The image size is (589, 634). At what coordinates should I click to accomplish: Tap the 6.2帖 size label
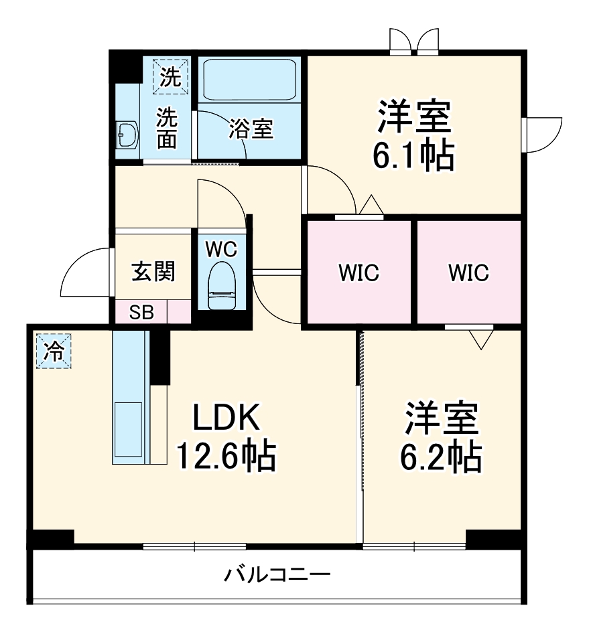pyautogui.click(x=441, y=457)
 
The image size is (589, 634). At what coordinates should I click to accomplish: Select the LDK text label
pyautogui.click(x=226, y=419)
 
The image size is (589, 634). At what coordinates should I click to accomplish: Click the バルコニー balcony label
pyautogui.click(x=277, y=574)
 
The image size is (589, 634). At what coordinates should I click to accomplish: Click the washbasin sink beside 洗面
pyautogui.click(x=127, y=136)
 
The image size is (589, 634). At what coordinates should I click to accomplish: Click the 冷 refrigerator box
pyautogui.click(x=53, y=350)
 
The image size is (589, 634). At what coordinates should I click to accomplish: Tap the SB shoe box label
pyautogui.click(x=141, y=313)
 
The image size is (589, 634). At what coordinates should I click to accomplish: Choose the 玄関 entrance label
pyautogui.click(x=153, y=271)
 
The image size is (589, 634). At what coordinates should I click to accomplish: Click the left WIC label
pyautogui.click(x=358, y=273)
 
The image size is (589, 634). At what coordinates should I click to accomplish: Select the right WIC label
pyautogui.click(x=468, y=273)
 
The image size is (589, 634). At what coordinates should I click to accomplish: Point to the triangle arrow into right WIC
pyautogui.click(x=480, y=340)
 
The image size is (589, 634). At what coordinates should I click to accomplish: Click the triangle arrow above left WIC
pyautogui.click(x=370, y=204)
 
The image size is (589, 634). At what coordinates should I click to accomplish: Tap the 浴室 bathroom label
pyautogui.click(x=251, y=128)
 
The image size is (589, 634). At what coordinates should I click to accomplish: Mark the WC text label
pyautogui.click(x=221, y=249)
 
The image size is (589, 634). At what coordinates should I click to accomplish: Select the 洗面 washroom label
pyautogui.click(x=167, y=128)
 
